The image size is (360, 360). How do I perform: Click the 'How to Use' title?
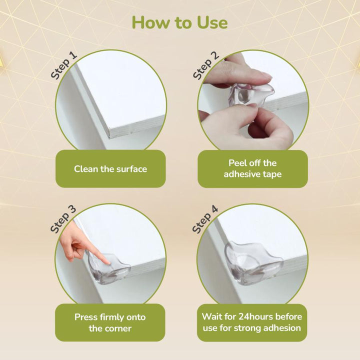click(x=180, y=22)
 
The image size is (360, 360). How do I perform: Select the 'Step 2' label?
click(x=205, y=65)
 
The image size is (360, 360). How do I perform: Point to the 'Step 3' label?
click(x=63, y=218)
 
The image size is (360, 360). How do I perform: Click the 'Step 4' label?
click(x=205, y=219)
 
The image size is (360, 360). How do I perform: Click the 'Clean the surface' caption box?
click(x=110, y=169)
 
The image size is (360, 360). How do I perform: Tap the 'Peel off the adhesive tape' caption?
click(x=252, y=169)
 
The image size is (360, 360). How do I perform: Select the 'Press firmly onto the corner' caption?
click(x=110, y=322)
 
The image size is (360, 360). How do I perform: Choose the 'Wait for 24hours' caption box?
click(x=252, y=322)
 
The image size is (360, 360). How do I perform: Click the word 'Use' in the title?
click(x=209, y=22)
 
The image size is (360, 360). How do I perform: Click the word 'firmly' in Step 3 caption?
click(x=112, y=317)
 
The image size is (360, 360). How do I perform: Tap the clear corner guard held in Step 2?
click(x=250, y=94)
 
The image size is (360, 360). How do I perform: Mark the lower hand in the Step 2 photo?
click(x=270, y=127)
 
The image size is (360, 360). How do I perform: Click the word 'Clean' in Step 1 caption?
click(x=86, y=169)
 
